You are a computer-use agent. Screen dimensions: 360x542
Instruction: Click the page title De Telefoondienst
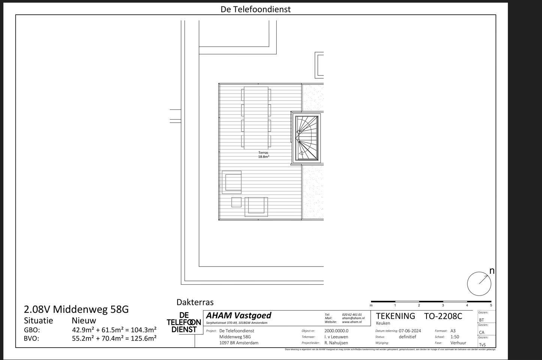point(255,9)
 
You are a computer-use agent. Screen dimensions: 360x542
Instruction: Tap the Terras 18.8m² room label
point(263,154)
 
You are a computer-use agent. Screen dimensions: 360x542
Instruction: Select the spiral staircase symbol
point(307,138)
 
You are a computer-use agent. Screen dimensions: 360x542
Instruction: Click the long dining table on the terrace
point(256,118)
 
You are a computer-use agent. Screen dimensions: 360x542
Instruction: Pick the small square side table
point(236,202)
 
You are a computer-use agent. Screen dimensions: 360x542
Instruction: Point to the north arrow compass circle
point(479,283)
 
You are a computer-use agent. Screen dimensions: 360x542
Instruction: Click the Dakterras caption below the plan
point(195,302)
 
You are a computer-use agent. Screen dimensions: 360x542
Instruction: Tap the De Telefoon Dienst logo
point(183,322)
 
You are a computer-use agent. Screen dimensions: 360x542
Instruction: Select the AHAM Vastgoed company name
point(238,315)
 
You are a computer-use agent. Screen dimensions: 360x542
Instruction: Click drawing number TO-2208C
point(443,316)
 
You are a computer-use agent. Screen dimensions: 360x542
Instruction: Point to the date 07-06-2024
point(410,331)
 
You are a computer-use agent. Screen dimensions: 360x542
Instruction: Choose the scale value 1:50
point(455,337)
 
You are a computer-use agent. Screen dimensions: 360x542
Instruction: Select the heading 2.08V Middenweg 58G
point(76,309)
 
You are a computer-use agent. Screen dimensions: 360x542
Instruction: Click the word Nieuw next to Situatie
point(84,321)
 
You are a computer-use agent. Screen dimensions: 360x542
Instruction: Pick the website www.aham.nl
point(352,322)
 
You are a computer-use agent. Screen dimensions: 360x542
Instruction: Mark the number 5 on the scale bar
point(491,305)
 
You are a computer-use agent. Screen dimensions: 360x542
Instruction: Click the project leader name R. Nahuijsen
point(336,343)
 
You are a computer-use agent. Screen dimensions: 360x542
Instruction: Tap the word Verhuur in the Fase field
point(458,343)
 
